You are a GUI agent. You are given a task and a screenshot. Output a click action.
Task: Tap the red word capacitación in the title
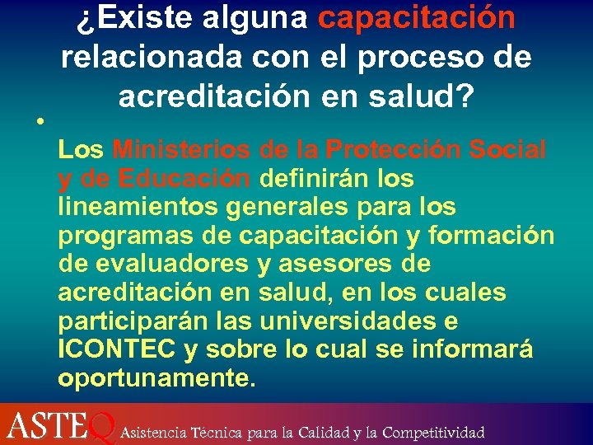pos(416,17)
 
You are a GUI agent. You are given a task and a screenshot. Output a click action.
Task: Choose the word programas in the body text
pos(125,236)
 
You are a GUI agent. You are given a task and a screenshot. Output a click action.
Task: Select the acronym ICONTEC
pos(118,349)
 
